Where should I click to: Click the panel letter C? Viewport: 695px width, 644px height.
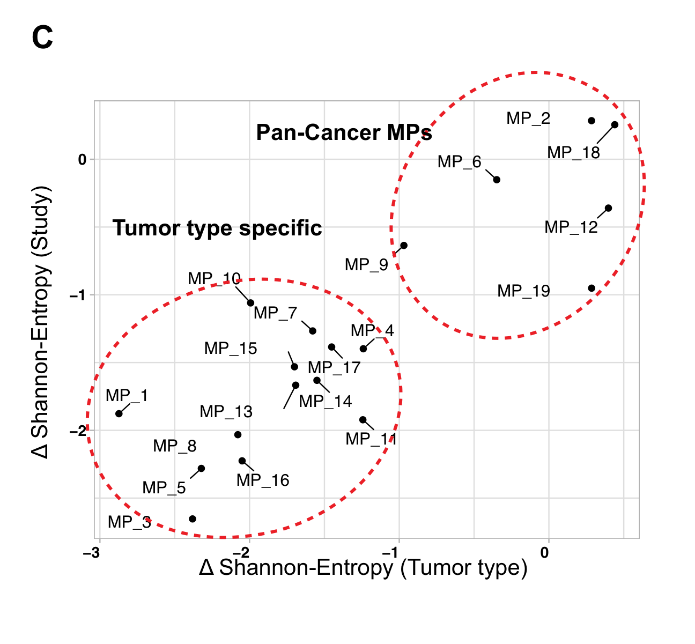pos(42,39)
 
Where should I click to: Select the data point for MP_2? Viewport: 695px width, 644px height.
pos(592,121)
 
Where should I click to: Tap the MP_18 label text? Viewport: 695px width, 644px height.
pos(573,153)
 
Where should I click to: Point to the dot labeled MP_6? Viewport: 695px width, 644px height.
pos(497,180)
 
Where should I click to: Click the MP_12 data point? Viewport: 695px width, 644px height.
pos(608,208)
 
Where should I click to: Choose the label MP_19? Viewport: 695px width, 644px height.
pos(523,291)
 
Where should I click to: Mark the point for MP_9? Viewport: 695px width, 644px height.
pos(404,246)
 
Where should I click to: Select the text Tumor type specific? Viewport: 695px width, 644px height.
pos(217,228)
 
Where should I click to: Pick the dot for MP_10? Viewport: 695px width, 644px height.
pos(250,303)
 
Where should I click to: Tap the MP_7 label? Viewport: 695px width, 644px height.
pos(275,313)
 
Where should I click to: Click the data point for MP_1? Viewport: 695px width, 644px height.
pos(119,413)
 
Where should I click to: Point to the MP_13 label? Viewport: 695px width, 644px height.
pos(226,412)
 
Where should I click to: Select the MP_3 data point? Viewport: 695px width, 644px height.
pos(193,519)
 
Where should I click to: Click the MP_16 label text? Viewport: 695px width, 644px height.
pos(263,480)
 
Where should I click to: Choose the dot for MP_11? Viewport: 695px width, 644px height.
pos(363,420)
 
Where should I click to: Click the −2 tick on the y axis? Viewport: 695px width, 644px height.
pos(78,431)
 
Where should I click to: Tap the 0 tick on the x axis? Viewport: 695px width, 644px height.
pos(545,553)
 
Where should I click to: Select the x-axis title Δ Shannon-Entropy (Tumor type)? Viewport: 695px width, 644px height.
pos(363,568)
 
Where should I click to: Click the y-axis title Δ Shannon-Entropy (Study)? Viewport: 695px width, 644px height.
pos(41,322)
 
